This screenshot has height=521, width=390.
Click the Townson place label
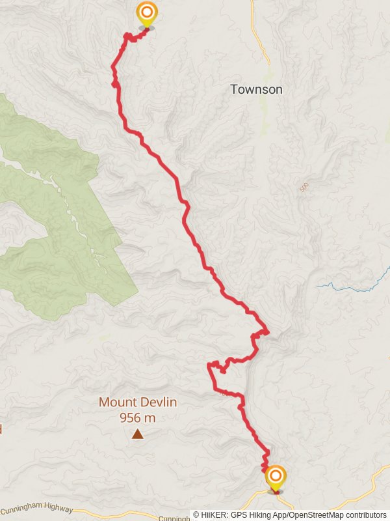click(256, 89)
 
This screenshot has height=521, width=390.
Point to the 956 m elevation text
click(138, 418)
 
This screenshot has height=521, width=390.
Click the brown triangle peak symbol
click(138, 434)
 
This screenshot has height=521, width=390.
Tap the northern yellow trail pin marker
click(147, 14)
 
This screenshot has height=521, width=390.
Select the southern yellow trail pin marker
click(275, 477)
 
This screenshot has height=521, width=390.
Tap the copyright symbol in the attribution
click(196, 515)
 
